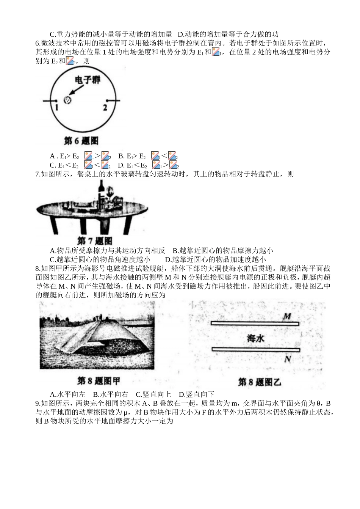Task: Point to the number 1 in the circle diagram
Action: [x=56, y=107]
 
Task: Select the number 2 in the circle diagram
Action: [x=105, y=107]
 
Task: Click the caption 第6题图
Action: [x=81, y=141]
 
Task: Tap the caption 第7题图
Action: [x=95, y=241]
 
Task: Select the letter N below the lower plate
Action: [x=288, y=358]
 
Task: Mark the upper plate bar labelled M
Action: [x=255, y=324]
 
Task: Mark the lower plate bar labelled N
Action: [x=255, y=350]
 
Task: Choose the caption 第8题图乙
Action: [x=260, y=382]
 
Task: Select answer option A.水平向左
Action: [x=67, y=394]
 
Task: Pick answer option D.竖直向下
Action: [x=196, y=394]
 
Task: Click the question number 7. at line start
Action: [x=38, y=174]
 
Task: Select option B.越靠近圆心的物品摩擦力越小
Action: [x=223, y=250]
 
